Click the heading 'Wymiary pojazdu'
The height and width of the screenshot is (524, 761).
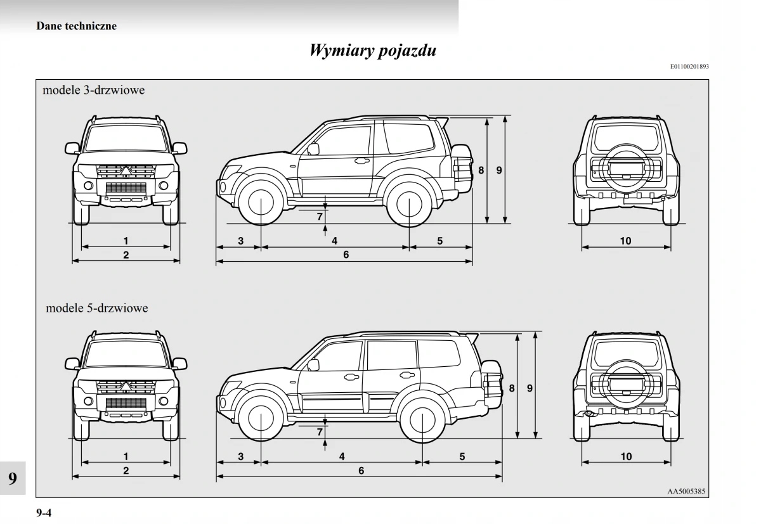coord(373,51)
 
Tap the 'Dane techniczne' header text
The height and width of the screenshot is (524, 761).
coord(76,26)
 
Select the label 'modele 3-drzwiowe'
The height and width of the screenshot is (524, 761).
coord(93,90)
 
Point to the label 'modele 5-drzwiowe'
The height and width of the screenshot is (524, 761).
coord(96,308)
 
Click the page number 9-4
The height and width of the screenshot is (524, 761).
coord(44,513)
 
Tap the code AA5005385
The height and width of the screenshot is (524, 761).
coord(687,491)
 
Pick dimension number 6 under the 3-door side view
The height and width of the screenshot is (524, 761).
coord(346,255)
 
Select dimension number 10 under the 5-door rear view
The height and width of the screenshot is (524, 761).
coord(626,456)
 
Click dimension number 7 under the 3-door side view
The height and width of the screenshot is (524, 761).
coord(320,216)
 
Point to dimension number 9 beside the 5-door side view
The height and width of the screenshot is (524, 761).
coord(530,388)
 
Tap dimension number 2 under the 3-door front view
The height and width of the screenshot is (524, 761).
coord(126,255)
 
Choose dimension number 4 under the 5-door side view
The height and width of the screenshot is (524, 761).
coord(342,456)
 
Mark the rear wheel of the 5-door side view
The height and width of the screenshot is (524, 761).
coord(422,419)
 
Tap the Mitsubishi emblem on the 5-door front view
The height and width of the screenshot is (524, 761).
coord(126,386)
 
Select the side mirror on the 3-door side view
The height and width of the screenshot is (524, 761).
coord(313,150)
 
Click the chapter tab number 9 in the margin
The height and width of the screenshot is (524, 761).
coord(13,478)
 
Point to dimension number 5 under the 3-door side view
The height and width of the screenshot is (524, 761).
coord(439,241)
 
